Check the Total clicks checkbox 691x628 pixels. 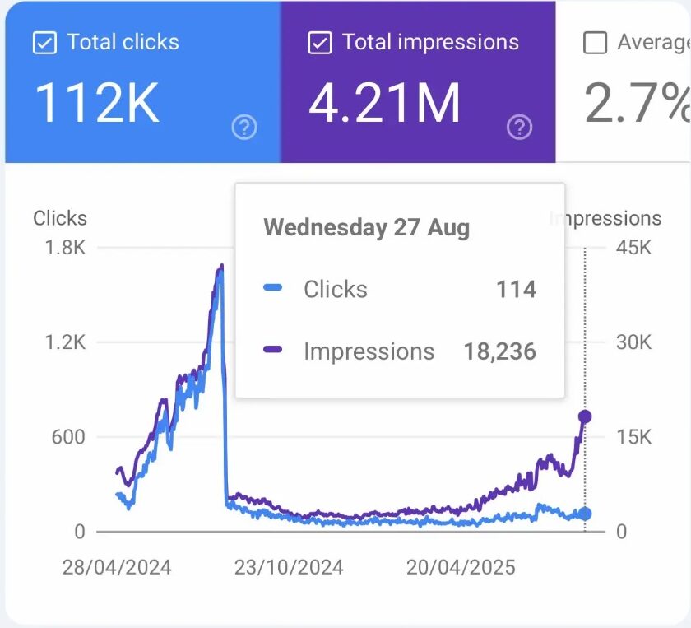[x=44, y=43]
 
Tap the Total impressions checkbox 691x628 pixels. [x=319, y=43]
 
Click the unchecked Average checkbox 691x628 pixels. [x=595, y=43]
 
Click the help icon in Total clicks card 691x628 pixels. [x=244, y=127]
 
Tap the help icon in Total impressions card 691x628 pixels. [x=519, y=127]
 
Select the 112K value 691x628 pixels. [x=97, y=104]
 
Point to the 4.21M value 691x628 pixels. [x=384, y=104]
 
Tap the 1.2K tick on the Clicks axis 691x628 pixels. [x=63, y=342]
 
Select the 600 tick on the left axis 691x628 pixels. [x=68, y=437]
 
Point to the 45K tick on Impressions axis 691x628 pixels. [x=633, y=248]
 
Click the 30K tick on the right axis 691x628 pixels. [x=633, y=342]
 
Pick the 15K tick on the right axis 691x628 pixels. [x=633, y=437]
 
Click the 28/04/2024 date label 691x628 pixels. [x=117, y=568]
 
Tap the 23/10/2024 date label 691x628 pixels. [x=289, y=568]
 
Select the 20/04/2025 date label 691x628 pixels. [x=461, y=568]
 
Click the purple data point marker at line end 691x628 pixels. [x=585, y=416]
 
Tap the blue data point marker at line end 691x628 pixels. [x=585, y=514]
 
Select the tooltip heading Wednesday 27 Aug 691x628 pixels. [x=367, y=227]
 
